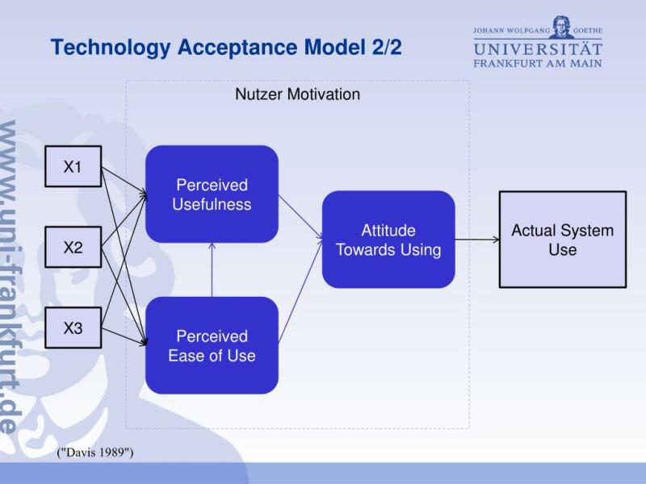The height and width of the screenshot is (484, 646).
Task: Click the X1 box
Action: coord(73,166)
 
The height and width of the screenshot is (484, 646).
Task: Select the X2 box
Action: coord(73,247)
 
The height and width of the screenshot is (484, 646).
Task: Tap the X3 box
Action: coord(73,328)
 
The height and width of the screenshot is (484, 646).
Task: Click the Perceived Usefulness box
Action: coord(212,194)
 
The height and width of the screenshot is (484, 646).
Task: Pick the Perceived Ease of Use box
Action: coord(212,346)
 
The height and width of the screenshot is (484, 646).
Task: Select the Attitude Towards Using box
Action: coord(388,240)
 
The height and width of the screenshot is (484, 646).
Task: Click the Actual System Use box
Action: coord(562,240)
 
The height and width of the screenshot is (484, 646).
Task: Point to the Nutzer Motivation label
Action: coord(297,94)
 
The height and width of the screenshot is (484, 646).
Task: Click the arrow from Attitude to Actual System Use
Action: coord(477,240)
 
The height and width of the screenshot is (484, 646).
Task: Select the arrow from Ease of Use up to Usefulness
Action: coord(212,270)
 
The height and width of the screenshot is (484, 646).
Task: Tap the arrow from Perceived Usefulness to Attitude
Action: coord(300,216)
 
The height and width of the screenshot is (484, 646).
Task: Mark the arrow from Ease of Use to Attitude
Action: coord(300,290)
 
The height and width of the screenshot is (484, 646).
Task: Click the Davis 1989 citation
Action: coord(95,453)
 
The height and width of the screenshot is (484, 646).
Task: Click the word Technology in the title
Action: coord(111,48)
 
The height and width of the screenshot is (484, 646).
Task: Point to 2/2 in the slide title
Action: coord(387,47)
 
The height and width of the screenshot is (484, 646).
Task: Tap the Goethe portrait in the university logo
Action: coord(561,27)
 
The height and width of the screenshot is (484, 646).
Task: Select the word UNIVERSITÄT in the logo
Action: coord(538,49)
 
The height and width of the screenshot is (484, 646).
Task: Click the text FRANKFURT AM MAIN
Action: coord(538,64)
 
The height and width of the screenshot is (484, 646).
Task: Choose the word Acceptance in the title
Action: coord(237,48)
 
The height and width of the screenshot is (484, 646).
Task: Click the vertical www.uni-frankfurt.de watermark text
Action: coord(9,277)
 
